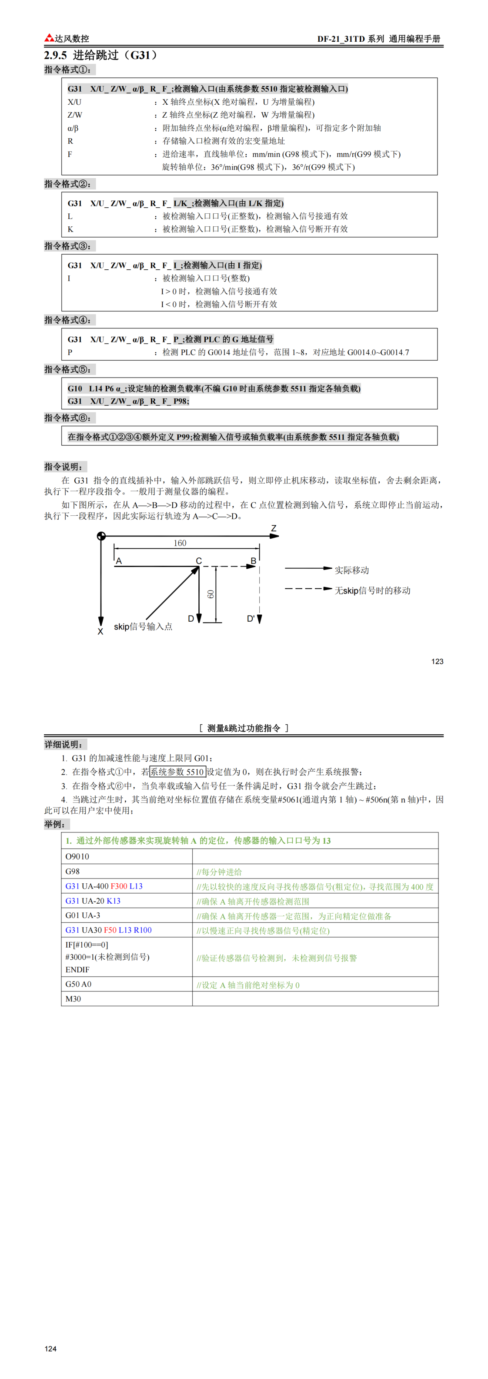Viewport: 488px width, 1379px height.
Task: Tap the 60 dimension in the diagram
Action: (211, 594)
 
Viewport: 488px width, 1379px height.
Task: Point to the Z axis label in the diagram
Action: (274, 528)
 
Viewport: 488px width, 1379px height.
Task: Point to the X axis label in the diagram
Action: (100, 632)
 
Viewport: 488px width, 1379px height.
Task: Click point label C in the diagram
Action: (199, 560)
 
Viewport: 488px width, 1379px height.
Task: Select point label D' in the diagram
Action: (251, 618)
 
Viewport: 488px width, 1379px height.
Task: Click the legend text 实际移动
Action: (351, 570)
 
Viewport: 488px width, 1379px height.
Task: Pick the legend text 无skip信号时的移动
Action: (372, 590)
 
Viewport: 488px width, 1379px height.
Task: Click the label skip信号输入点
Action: (143, 627)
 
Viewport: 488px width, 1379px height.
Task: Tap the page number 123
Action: (437, 661)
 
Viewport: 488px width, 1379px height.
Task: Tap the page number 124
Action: (50, 1349)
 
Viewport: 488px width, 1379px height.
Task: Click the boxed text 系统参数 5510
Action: (177, 772)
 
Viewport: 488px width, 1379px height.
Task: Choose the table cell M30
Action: (74, 999)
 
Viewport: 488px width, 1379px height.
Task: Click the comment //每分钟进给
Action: (219, 872)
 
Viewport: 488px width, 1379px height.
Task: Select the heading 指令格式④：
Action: (67, 320)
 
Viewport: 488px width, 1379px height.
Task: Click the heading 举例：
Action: (55, 825)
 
